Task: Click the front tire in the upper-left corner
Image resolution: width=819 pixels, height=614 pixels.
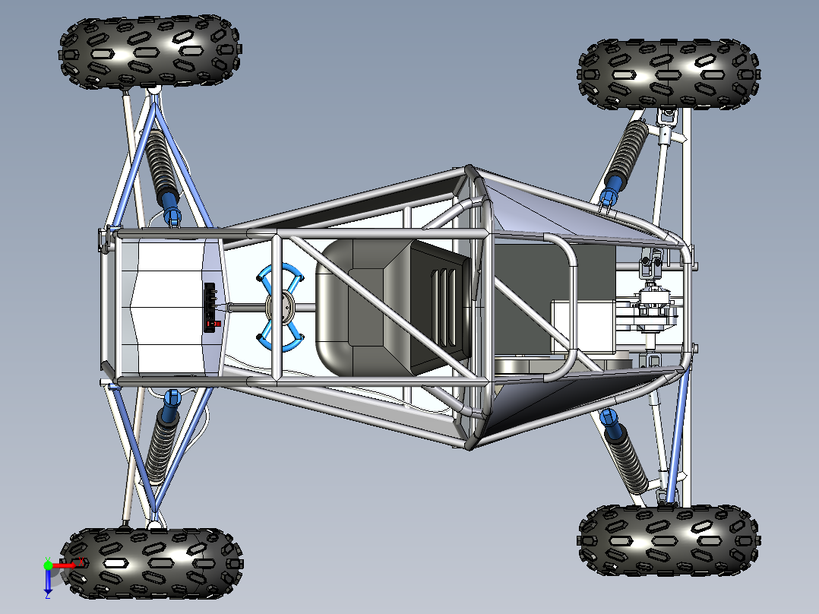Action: pyautogui.click(x=150, y=52)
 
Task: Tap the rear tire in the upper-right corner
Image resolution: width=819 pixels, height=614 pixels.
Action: pyautogui.click(x=669, y=74)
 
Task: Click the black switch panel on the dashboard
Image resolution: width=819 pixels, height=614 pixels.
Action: pyautogui.click(x=212, y=307)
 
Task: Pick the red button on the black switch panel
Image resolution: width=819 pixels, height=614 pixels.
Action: pyautogui.click(x=217, y=324)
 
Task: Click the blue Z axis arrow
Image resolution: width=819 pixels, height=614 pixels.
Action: pyautogui.click(x=48, y=581)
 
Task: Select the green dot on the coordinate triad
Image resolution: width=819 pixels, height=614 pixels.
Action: pyautogui.click(x=48, y=565)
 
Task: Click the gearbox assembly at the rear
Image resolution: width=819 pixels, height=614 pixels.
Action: pyautogui.click(x=646, y=312)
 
